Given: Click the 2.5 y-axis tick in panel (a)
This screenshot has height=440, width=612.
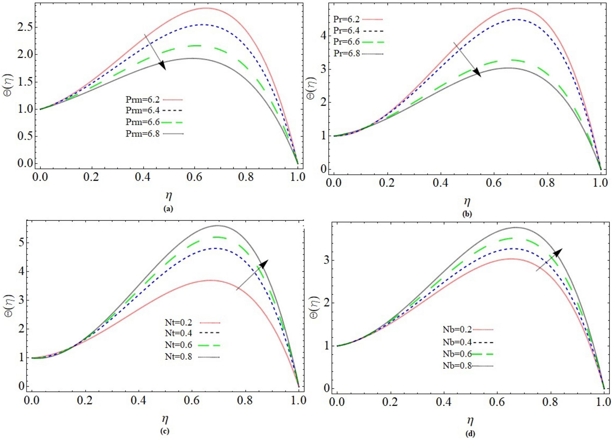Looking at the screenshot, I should pos(25,27).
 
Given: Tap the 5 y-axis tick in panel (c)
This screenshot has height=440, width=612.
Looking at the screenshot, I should pos(21,242).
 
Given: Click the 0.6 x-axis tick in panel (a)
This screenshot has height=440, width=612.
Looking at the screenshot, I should pos(194,177).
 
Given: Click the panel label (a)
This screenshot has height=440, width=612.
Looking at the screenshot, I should pos(168,209).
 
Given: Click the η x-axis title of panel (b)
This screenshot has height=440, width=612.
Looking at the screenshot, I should pos(467,201).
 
